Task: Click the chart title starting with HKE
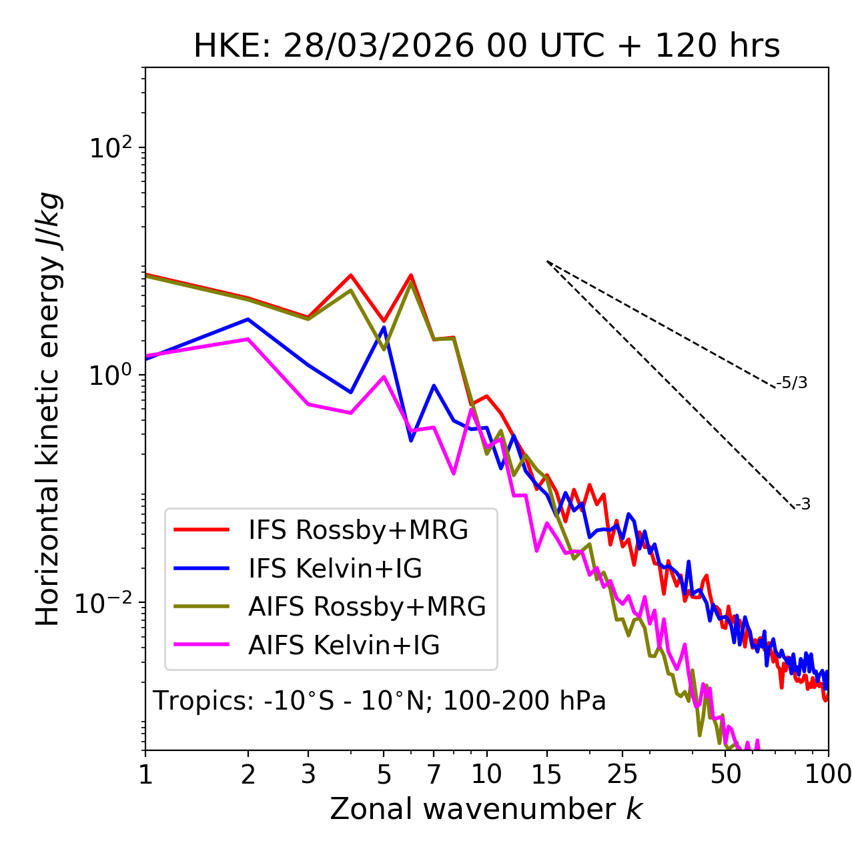click(486, 47)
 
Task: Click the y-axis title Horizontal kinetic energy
click(49, 409)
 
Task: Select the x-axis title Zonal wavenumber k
click(486, 809)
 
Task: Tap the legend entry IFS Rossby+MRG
click(358, 530)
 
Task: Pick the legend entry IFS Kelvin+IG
click(335, 569)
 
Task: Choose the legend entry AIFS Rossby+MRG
click(367, 607)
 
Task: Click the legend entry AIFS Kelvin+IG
click(344, 646)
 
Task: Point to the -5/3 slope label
click(792, 383)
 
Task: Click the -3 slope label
click(803, 505)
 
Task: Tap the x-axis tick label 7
click(434, 774)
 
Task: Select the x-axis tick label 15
click(546, 774)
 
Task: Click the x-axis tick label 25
click(622, 774)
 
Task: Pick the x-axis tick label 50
click(726, 774)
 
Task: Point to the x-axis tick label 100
click(828, 774)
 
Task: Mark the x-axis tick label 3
click(308, 774)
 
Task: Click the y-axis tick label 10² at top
click(109, 147)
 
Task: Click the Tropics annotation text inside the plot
click(379, 701)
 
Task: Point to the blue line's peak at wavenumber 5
click(384, 327)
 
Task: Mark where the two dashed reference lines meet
click(547, 261)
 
